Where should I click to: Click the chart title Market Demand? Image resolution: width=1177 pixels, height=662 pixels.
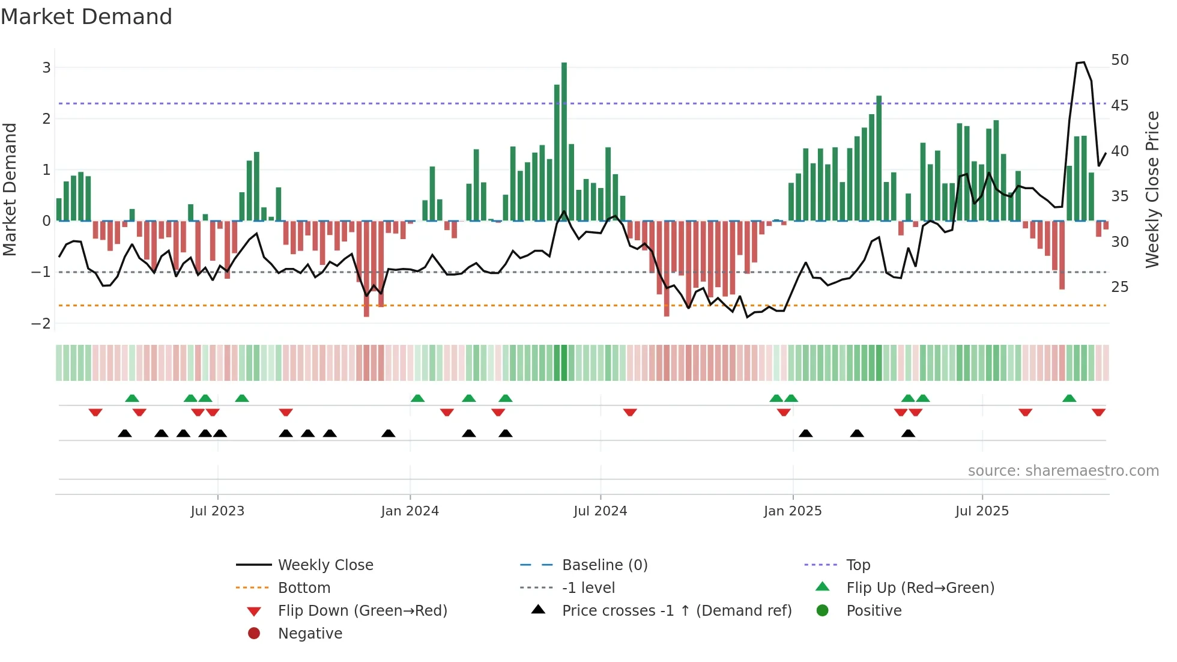coord(86,17)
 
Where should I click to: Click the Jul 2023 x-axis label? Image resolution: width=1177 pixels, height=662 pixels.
coord(217,511)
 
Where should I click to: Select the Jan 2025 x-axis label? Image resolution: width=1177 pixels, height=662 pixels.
coord(793,511)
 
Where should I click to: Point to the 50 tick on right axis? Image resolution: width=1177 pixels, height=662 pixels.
coord(1119,60)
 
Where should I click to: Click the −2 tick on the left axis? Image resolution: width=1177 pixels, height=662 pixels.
coord(41,324)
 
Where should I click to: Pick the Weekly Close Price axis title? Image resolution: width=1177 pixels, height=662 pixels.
coord(1152,189)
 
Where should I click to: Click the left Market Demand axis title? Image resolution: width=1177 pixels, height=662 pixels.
coord(10,189)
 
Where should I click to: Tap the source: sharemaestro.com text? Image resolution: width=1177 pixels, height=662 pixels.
coord(1063,471)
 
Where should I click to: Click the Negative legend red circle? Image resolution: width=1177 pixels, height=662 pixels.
coord(254,634)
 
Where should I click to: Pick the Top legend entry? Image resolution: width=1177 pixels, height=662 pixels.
coord(858,565)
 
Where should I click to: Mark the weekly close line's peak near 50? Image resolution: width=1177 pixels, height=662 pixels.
coord(1081,62)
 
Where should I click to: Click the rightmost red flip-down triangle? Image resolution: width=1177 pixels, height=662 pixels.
coord(1098,412)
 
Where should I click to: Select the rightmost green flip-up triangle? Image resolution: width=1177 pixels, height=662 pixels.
coord(1069,398)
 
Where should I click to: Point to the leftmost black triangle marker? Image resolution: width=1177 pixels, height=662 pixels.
coord(124,433)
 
